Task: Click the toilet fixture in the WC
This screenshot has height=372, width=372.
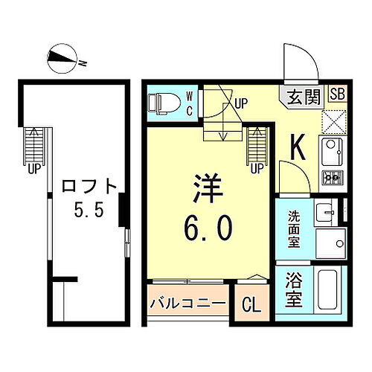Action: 163,103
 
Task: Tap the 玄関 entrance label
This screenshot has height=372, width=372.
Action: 304,95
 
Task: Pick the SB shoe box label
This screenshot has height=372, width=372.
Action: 336,94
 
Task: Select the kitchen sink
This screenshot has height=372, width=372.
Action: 330,153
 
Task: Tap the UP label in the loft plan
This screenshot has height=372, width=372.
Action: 34,168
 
